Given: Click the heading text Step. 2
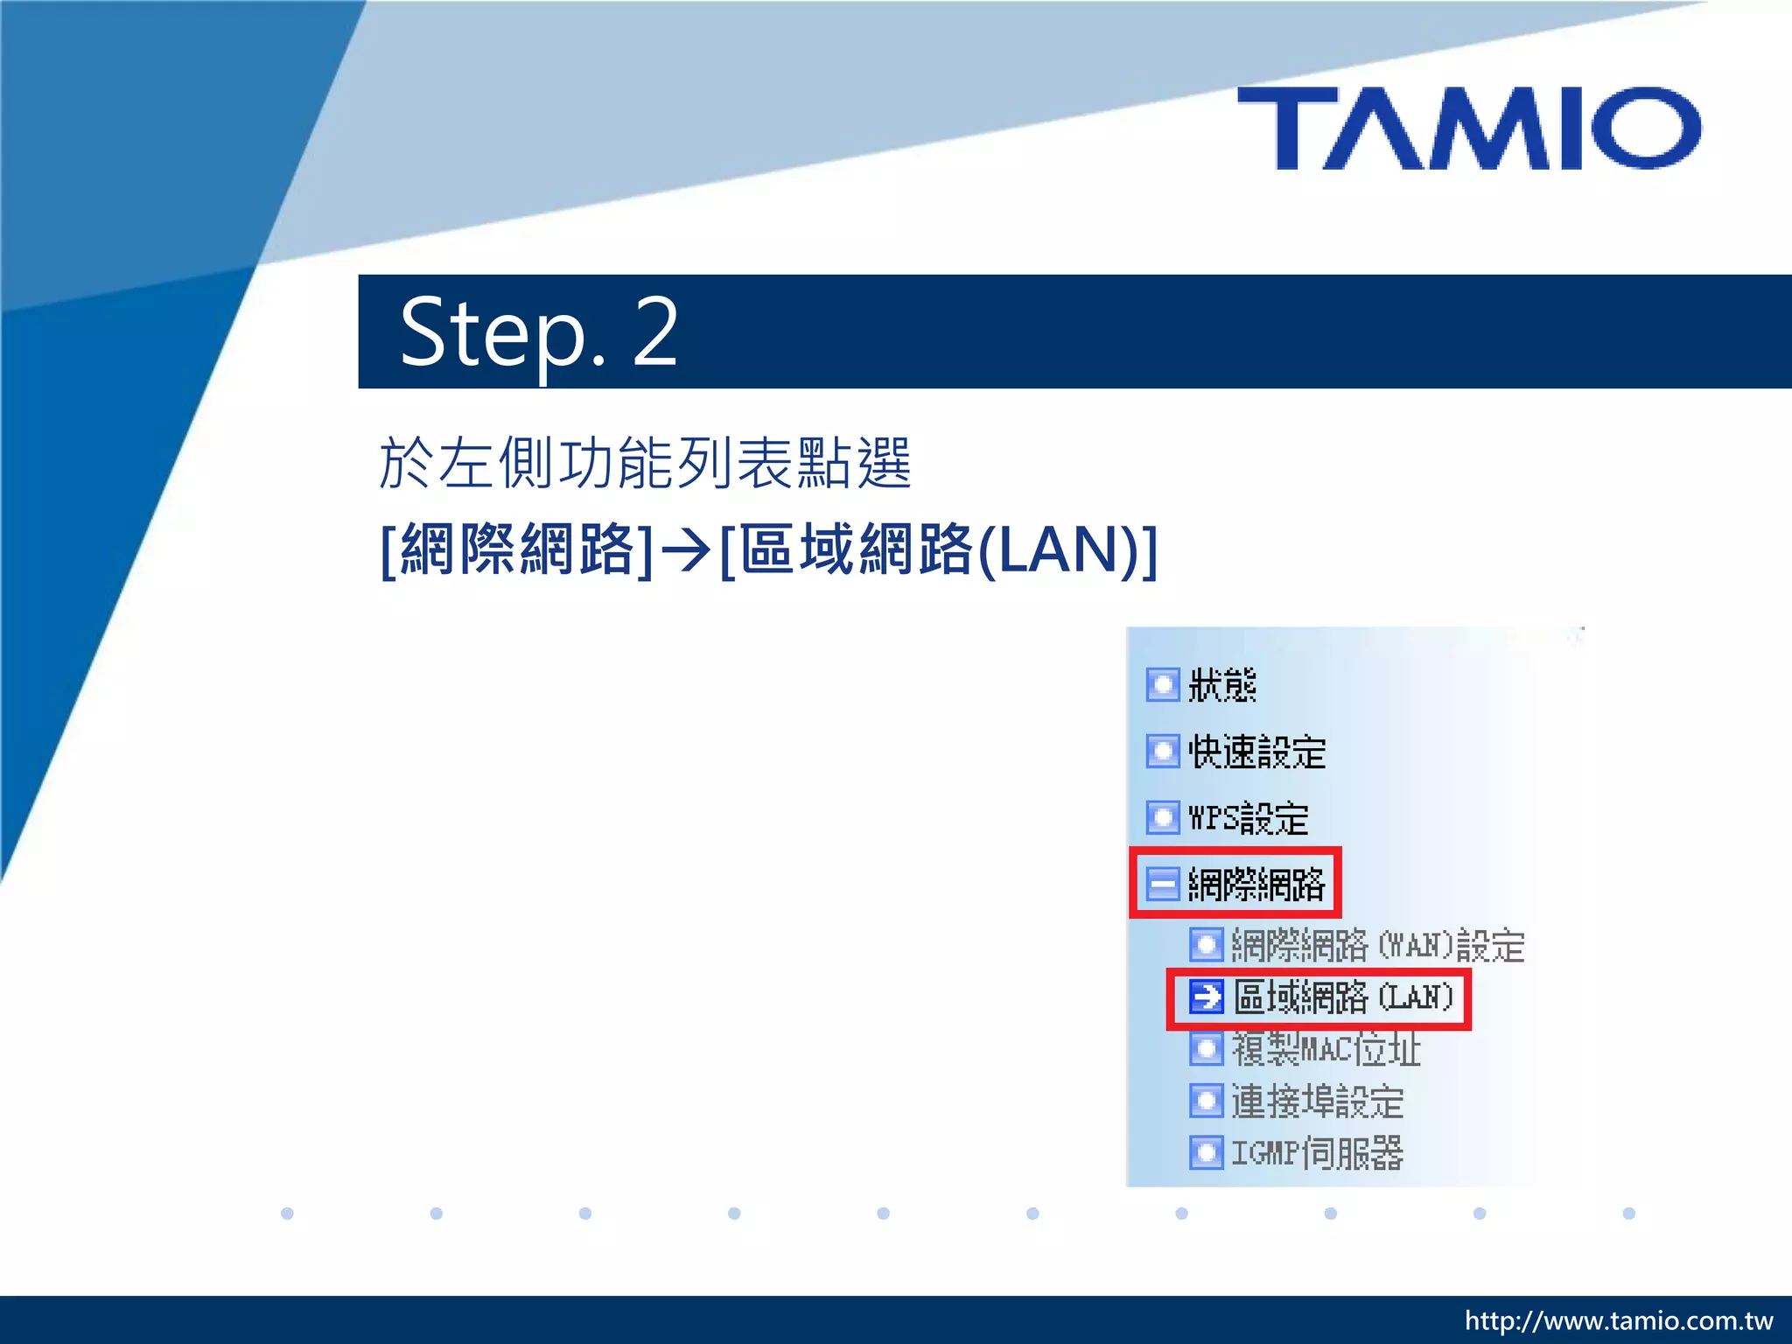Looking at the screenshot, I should (x=538, y=332).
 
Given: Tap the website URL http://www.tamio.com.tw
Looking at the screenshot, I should (x=1618, y=1320).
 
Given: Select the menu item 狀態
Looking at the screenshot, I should (x=1221, y=685).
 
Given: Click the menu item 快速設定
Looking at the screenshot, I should (x=1256, y=752).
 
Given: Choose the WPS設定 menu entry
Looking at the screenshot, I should (x=1248, y=818).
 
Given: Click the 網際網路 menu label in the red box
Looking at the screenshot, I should (x=1256, y=884).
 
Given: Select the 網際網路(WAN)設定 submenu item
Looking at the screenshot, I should (x=1377, y=945).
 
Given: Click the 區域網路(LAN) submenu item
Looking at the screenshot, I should (x=1342, y=997).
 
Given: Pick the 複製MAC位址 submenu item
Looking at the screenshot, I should (x=1326, y=1048).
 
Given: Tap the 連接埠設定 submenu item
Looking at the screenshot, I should (x=1317, y=1101).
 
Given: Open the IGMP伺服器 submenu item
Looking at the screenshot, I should (x=1317, y=1152).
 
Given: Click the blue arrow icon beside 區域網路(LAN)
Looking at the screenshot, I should (x=1207, y=997).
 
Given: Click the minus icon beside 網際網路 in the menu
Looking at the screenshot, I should (x=1163, y=884).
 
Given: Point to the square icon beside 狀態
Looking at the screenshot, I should (x=1163, y=685).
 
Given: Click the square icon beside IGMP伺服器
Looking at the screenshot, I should (x=1207, y=1152).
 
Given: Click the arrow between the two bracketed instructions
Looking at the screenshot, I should (x=686, y=550).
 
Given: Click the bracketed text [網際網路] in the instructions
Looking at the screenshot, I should (x=517, y=550).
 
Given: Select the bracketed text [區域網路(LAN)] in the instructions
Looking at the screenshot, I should (x=938, y=550).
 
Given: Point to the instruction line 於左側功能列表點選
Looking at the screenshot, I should (x=646, y=463).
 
